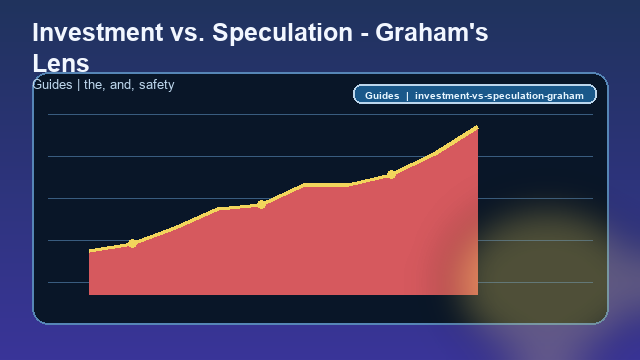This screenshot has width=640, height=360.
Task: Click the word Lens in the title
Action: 61,63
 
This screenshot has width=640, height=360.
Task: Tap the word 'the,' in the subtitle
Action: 94,85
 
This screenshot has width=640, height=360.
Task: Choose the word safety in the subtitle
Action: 157,85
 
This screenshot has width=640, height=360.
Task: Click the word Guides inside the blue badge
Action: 382,96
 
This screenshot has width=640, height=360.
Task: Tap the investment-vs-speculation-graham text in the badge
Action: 499,96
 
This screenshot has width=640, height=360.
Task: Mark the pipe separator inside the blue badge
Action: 407,96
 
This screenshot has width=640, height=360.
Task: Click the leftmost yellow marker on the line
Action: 132,243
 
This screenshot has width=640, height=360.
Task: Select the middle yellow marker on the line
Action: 261,204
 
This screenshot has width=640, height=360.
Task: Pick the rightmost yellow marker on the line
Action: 391,174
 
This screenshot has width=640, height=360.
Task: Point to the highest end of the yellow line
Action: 477,127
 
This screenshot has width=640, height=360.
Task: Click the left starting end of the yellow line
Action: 90,251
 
